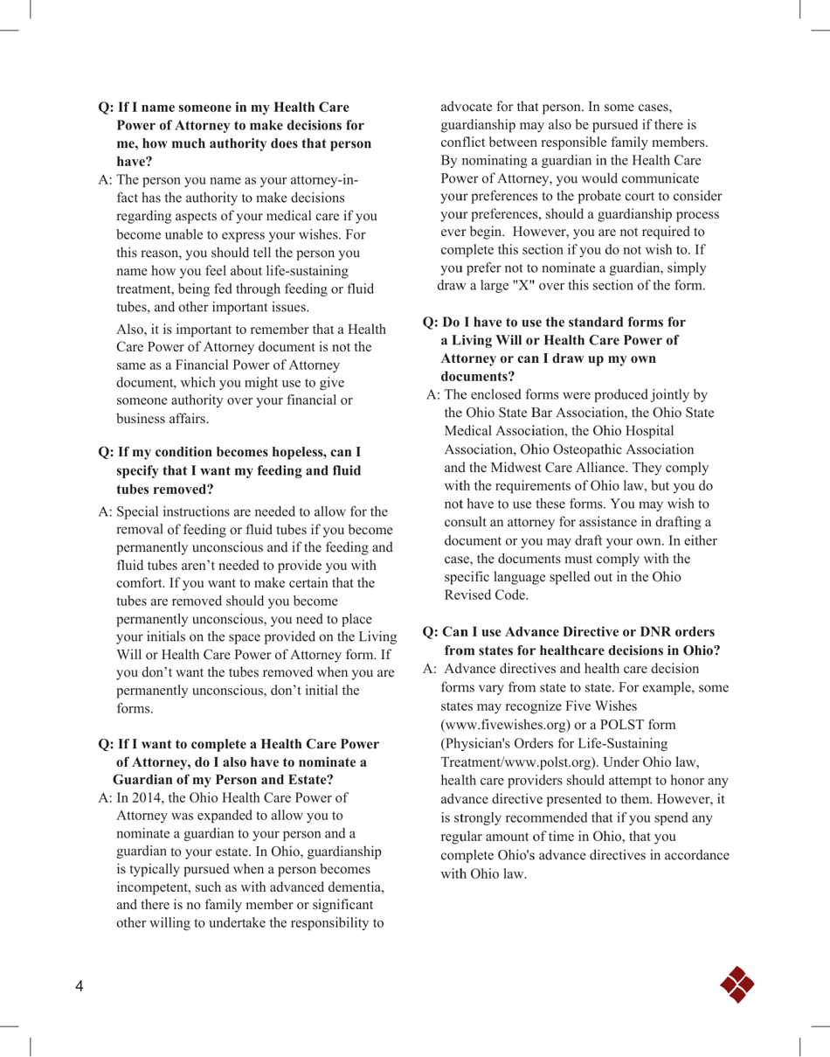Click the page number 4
[x=79, y=987]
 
